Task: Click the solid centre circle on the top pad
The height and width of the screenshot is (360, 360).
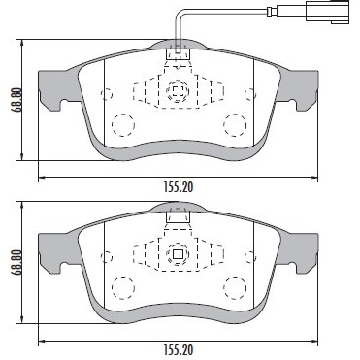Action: coord(178,93)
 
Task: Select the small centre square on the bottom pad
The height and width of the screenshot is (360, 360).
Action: coord(178,256)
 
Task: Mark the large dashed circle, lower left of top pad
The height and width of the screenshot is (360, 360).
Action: coord(122,124)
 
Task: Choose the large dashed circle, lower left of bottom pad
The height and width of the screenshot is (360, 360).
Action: coord(122,287)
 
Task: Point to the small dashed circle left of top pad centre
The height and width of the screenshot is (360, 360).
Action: coord(108,94)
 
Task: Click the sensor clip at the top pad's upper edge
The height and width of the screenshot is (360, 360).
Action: coord(178,54)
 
